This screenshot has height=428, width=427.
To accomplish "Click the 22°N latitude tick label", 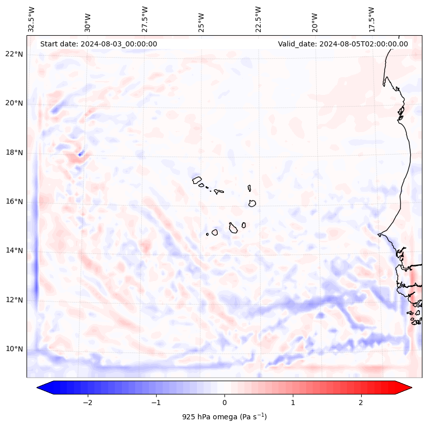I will click(x=14, y=54).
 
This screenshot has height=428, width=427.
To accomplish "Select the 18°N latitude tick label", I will click(x=14, y=153).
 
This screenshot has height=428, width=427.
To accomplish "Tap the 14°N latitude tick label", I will click(x=14, y=250).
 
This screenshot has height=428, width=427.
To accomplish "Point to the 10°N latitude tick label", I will click(x=14, y=349).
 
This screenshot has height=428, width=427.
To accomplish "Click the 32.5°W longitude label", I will click(x=32, y=19).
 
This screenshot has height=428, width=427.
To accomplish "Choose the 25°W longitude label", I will click(x=202, y=19).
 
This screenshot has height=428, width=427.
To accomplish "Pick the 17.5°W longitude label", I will click(x=371, y=19).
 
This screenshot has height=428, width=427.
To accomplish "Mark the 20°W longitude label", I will click(x=315, y=19).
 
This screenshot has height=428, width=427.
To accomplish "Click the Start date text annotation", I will click(x=98, y=44).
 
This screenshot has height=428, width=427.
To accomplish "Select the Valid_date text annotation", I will click(x=343, y=44).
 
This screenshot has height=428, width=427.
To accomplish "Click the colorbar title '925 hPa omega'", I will click(x=224, y=417).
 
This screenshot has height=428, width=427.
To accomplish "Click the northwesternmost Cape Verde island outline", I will click(x=197, y=180).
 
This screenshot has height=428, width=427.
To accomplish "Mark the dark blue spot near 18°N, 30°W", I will click(x=81, y=153).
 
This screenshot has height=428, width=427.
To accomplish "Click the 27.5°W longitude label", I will click(x=145, y=19).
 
